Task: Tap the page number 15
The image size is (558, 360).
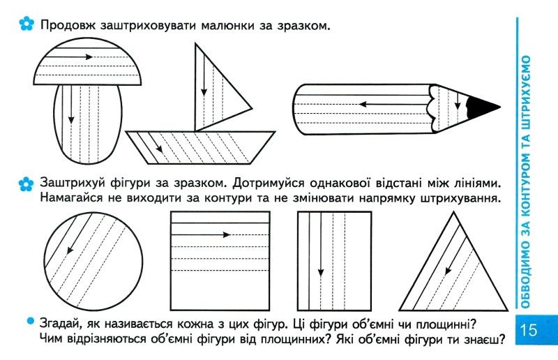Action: tap(529, 330)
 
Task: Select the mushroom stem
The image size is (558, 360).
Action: tap(88, 125)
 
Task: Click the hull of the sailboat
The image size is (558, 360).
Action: tap(200, 147)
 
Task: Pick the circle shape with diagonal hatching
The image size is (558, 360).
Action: tap(93, 262)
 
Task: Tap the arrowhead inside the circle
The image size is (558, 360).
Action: tap(70, 250)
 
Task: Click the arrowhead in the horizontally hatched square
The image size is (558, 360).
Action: tap(226, 234)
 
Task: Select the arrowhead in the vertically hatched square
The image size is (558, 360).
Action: tap(321, 273)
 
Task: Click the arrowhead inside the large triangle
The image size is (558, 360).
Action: tap(448, 271)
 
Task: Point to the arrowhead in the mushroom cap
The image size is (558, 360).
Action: tap(89, 57)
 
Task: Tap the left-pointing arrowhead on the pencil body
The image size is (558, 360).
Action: tap(363, 105)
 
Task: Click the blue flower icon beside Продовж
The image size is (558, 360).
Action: tap(27, 24)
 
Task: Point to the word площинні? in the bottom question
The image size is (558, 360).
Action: tap(446, 324)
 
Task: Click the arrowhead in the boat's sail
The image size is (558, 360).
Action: tap(204, 92)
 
